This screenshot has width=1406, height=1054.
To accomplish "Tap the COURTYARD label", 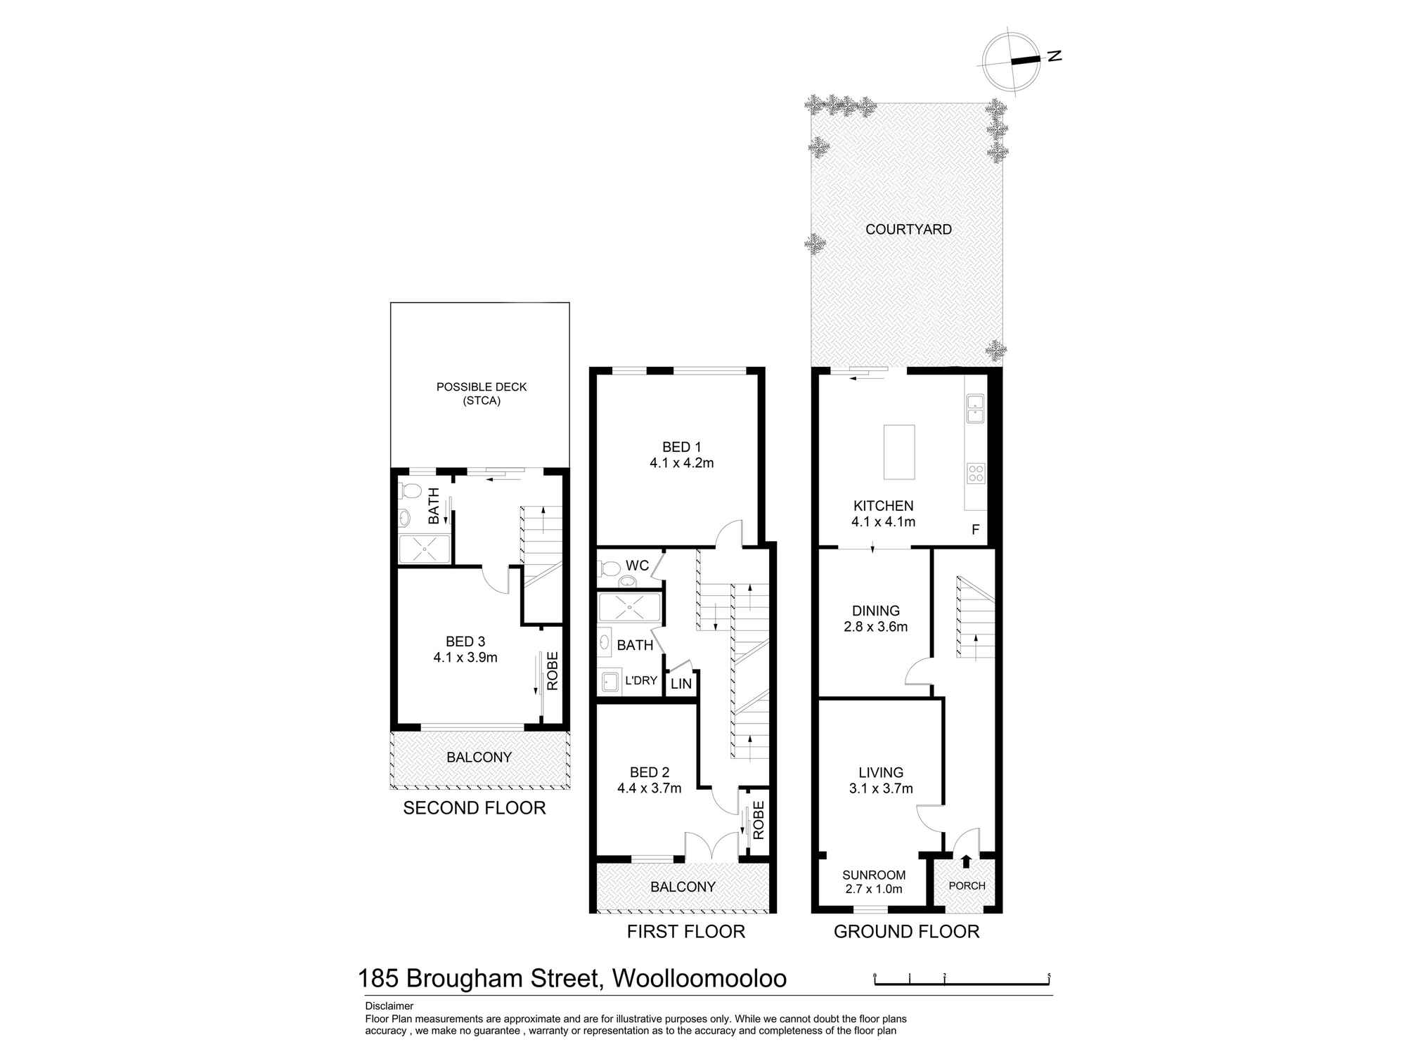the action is click(x=908, y=229).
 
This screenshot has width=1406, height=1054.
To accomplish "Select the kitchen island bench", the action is click(x=899, y=452).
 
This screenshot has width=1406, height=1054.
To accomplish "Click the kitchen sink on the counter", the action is click(x=975, y=408).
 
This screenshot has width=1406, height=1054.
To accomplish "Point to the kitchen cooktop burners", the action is click(x=976, y=473).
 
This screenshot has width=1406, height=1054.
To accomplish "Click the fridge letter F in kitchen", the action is click(x=975, y=530).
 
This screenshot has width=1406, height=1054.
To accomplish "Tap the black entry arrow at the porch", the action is click(x=966, y=860).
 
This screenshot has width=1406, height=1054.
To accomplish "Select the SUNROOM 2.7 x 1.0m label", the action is click(x=874, y=882).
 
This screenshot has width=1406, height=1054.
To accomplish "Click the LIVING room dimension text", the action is click(x=881, y=788).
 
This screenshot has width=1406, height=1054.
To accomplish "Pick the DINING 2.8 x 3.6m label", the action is click(x=876, y=618).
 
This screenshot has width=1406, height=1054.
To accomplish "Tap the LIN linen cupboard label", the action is click(x=681, y=683).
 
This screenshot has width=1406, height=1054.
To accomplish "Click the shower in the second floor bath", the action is click(x=424, y=549).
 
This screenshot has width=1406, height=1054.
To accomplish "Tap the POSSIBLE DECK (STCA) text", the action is click(x=482, y=393).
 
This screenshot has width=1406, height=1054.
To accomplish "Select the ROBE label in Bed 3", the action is click(x=552, y=671).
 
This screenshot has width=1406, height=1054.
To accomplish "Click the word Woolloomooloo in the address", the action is click(x=699, y=978).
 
